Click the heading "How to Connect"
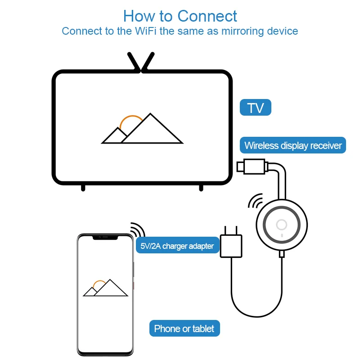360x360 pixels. (x=180, y=16)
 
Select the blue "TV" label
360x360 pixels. (x=256, y=108)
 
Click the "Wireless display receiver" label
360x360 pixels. (x=293, y=145)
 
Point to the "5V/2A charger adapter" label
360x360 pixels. (x=177, y=246)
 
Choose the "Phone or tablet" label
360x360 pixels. (x=184, y=328)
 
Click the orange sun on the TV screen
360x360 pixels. (x=131, y=120)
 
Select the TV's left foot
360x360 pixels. (x=83, y=187)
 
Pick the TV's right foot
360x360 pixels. (x=201, y=187)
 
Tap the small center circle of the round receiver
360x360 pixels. (x=282, y=225)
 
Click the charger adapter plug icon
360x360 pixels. (x=231, y=245)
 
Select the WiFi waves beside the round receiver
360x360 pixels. (x=256, y=201)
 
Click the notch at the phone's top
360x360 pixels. (x=105, y=237)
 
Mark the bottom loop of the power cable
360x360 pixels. (x=256, y=315)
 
